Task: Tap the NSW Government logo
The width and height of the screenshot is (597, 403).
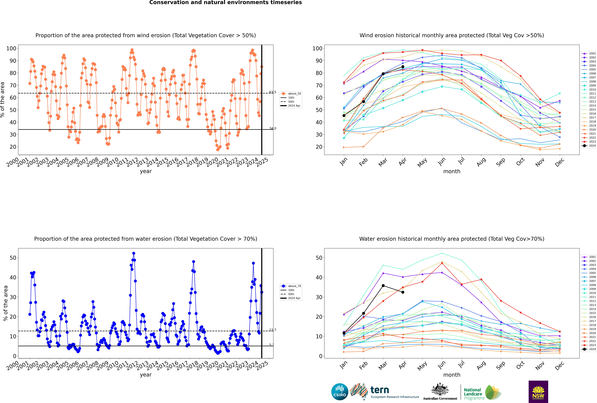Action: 538,392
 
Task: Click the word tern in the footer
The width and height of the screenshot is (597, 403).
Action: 380,390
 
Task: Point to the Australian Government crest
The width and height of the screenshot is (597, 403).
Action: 440,389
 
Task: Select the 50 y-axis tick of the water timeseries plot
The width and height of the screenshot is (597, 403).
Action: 13,258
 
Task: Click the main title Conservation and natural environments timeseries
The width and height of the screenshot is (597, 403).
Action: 226,3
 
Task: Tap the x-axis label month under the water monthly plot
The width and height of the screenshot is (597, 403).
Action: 452,375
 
